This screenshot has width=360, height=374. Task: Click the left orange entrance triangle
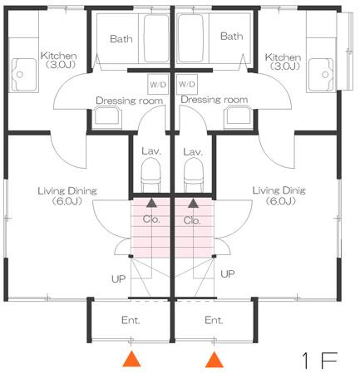pos(132,359)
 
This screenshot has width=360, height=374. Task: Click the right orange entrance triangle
pos(215,359)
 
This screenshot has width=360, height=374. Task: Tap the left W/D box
pos(158,84)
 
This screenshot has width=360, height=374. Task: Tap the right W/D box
pos(187,84)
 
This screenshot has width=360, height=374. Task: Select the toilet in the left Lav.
pos(151,175)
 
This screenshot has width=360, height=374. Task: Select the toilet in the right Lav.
pos(194,175)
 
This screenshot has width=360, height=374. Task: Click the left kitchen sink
pos(24,75)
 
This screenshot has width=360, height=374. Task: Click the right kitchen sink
pos(321,75)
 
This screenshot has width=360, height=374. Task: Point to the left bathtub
pos(156,38)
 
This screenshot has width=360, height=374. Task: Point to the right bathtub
pos(190,38)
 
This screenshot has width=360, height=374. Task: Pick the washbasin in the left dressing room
pos(107,116)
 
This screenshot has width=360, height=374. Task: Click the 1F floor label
pos(320,361)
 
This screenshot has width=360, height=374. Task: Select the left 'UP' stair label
pos(119,279)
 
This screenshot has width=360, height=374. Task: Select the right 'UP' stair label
pos(228,274)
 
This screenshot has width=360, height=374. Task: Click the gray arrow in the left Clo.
pos(151,203)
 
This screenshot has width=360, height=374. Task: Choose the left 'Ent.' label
pos(131,321)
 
